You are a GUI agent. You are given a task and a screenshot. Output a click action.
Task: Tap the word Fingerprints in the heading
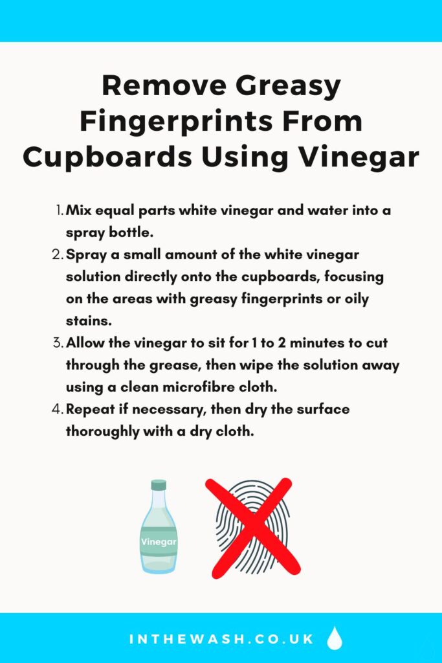(x=177, y=122)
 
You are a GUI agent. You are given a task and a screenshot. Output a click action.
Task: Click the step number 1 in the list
(x=59, y=210)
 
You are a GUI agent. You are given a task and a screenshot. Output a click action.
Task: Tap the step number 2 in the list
(x=58, y=254)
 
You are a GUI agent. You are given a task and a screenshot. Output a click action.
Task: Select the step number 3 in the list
(x=58, y=343)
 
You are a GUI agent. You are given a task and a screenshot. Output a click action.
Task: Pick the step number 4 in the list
(x=58, y=409)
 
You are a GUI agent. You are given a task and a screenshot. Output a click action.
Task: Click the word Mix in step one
(x=78, y=210)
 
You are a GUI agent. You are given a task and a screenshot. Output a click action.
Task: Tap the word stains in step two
(x=89, y=320)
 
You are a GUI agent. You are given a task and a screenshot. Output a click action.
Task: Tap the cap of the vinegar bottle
(x=159, y=484)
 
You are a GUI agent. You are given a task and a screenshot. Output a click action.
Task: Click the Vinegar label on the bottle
(x=159, y=542)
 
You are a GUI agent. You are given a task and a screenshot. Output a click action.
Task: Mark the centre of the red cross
(x=252, y=527)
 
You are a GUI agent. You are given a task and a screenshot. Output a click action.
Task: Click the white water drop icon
(x=335, y=638)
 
